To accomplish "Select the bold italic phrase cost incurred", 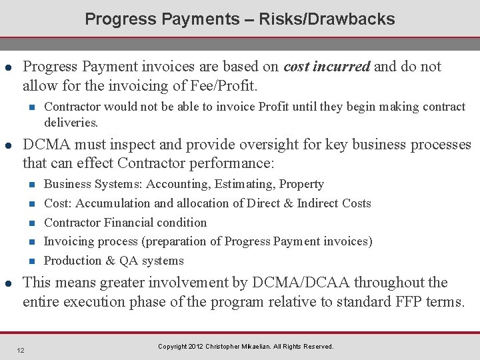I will (x=327, y=67).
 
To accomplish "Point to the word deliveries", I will (x=71, y=123).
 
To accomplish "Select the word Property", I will (x=301, y=184).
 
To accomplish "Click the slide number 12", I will (x=21, y=350).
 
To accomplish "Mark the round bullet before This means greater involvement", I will (x=8, y=283).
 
